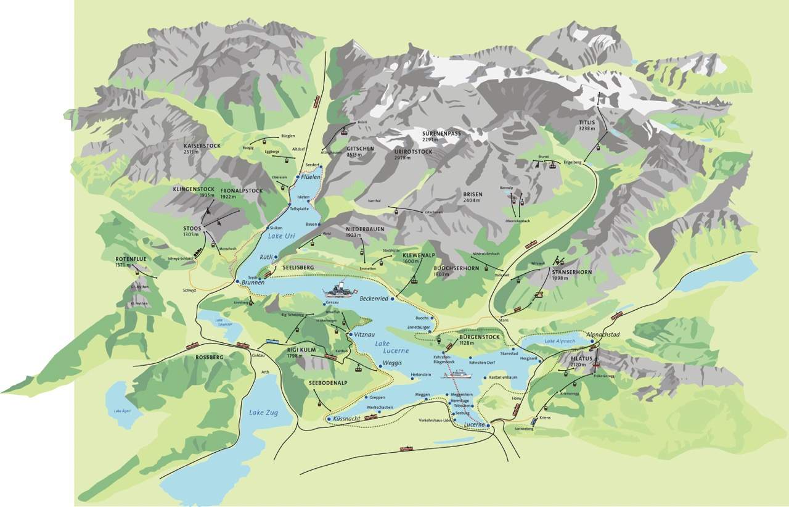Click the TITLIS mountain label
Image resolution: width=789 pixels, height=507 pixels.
point(587,122)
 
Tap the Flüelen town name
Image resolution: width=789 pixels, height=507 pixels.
point(311,177)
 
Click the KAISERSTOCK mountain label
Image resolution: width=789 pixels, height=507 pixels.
point(202,146)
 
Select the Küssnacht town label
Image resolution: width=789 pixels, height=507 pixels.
point(346,419)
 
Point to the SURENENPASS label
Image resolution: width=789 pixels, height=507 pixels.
point(442,133)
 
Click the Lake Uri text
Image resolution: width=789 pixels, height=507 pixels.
point(282,235)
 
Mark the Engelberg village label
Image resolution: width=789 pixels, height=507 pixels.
point(573,162)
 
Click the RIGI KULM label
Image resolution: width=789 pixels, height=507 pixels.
point(301,350)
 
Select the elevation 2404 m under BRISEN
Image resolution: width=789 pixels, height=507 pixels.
point(472,201)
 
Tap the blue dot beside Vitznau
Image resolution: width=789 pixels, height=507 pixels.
point(350,334)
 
